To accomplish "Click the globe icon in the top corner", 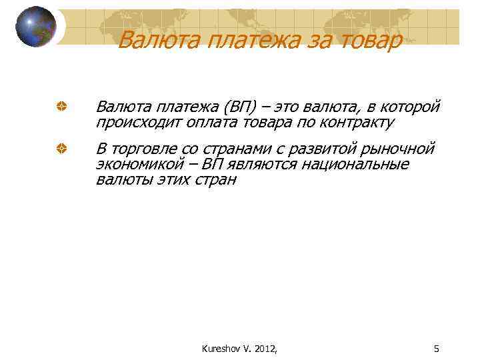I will pos(36,27).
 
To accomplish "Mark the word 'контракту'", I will pos(357,123).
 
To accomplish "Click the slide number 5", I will pos(436,347).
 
